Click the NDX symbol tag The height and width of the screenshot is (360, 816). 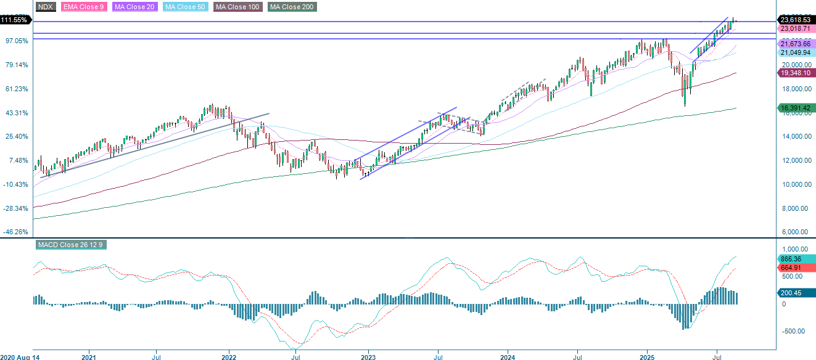(x=46, y=7)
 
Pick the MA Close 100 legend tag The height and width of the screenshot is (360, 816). (x=238, y=7)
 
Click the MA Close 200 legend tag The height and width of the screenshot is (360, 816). (x=292, y=7)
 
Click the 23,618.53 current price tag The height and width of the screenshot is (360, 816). (x=795, y=20)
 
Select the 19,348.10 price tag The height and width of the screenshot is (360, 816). (x=795, y=73)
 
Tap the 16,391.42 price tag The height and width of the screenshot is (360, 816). (x=795, y=107)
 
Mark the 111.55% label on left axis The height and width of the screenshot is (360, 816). (x=15, y=20)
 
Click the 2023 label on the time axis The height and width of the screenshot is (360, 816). (x=368, y=356)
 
